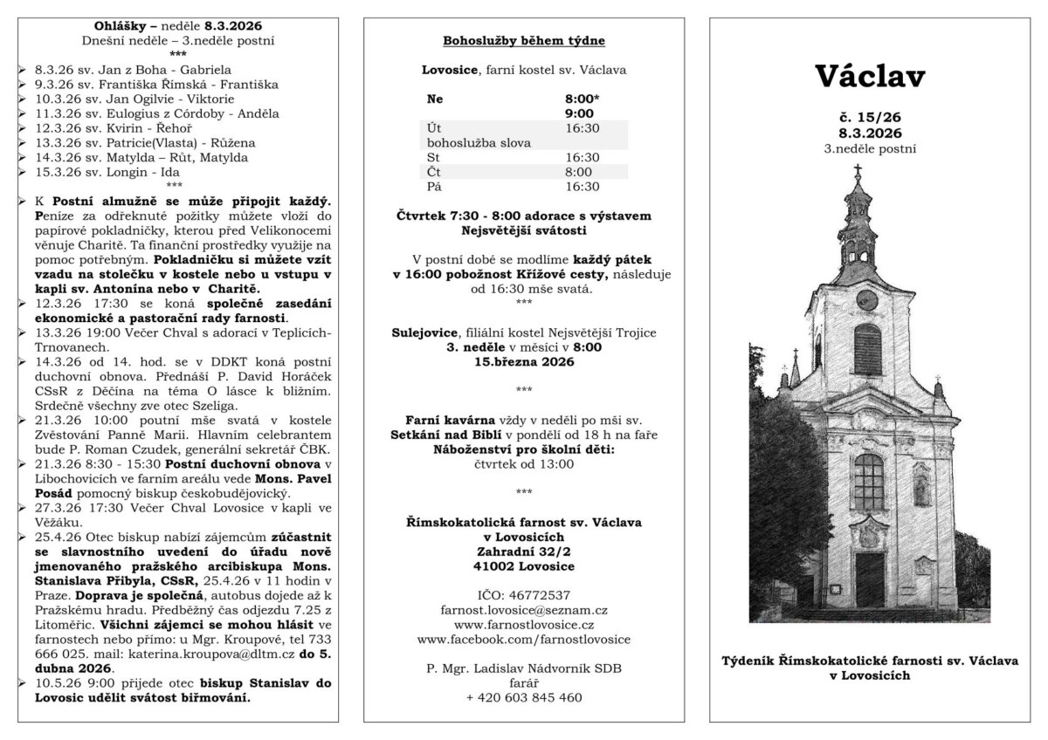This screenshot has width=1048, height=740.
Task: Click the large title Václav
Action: (x=870, y=77)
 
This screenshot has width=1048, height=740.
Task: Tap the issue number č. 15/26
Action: (x=870, y=117)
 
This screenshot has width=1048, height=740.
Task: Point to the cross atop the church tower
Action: (x=858, y=171)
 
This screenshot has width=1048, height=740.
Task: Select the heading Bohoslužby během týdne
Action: (x=523, y=41)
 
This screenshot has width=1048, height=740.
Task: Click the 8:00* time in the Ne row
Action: (x=583, y=99)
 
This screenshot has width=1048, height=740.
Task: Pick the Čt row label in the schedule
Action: (x=435, y=172)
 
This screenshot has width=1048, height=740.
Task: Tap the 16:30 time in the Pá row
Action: (x=583, y=186)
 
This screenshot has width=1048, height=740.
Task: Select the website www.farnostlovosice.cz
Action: (x=523, y=625)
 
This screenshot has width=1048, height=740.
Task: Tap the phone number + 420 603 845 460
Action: (x=523, y=697)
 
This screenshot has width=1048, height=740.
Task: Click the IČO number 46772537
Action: (x=523, y=595)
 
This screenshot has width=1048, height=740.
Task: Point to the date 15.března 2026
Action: (x=523, y=361)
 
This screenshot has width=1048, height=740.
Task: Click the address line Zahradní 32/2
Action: (x=523, y=552)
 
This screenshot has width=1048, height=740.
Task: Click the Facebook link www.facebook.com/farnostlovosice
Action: (x=523, y=640)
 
